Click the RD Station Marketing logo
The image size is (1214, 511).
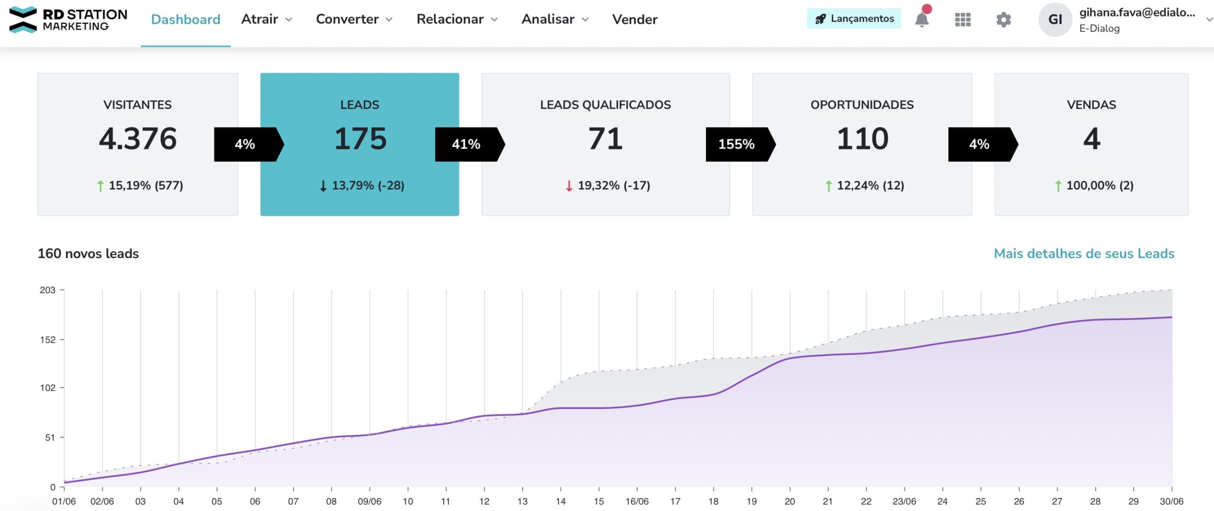[x=68, y=20]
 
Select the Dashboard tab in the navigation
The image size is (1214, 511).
[x=185, y=19]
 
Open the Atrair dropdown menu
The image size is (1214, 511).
[x=267, y=19]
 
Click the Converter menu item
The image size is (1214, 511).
[x=354, y=19]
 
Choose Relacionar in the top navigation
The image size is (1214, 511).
[x=457, y=19]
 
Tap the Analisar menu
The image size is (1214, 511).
[x=555, y=19]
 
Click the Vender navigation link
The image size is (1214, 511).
[x=635, y=19]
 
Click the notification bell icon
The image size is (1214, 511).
[x=921, y=19]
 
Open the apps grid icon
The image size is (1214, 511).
[x=962, y=19]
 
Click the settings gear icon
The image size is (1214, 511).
[x=1003, y=19]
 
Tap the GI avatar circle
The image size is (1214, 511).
[x=1055, y=19]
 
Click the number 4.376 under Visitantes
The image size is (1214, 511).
[x=138, y=139]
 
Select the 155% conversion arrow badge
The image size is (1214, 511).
[x=737, y=144]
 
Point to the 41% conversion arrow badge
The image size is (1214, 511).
[x=467, y=144]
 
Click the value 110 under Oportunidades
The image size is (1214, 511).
[x=862, y=139]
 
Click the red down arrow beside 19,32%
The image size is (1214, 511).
[x=569, y=186]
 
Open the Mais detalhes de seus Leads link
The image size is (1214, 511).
[x=1084, y=253]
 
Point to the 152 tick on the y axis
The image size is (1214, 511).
[x=47, y=340]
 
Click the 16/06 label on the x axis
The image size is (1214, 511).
[x=637, y=502]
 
